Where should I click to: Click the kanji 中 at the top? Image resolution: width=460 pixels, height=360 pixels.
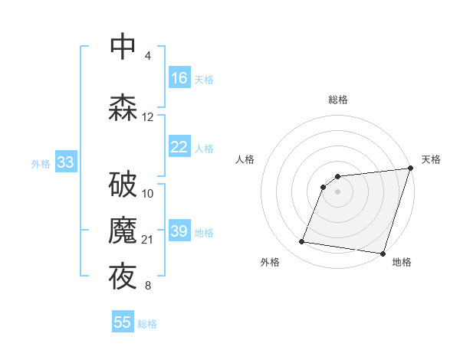click(123, 45)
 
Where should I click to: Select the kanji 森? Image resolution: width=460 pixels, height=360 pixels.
click(123, 107)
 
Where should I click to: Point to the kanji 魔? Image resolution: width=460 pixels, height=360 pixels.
click(123, 230)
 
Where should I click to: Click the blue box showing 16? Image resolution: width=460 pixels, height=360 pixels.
click(179, 78)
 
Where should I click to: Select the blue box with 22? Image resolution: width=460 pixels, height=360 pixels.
click(179, 148)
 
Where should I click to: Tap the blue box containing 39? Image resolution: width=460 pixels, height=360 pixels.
click(179, 231)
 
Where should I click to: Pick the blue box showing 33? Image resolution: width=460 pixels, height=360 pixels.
click(65, 162)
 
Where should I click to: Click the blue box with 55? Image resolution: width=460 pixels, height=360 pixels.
click(123, 322)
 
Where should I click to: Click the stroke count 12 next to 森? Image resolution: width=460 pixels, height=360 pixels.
click(148, 117)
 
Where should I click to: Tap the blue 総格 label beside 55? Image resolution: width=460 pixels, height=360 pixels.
click(147, 324)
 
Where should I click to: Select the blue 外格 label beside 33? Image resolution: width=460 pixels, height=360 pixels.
click(41, 163)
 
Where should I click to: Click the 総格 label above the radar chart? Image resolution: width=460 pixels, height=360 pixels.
click(337, 100)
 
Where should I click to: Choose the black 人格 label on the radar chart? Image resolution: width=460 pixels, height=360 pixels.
click(245, 159)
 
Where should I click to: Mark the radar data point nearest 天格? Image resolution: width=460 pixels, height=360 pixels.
click(410, 169)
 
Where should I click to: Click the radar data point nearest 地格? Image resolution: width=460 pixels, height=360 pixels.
click(383, 253)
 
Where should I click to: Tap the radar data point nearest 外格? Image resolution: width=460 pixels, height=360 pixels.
click(302, 242)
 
